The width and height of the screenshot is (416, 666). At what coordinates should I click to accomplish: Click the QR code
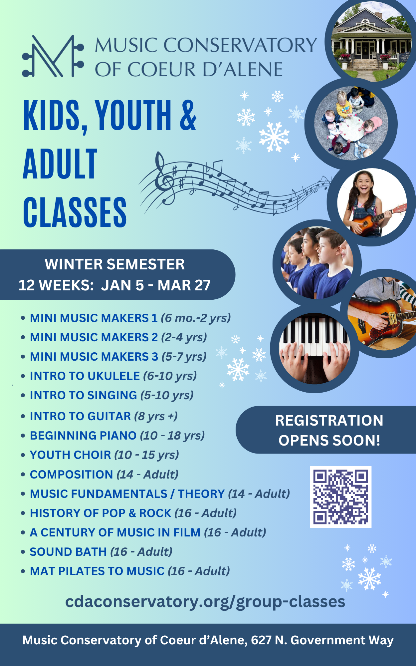pos(340,497)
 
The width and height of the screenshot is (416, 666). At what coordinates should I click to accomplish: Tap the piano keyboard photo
pos(314,349)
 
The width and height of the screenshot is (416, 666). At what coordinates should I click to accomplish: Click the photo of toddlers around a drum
pos(351,124)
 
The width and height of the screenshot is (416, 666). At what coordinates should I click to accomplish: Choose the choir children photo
pos(317,263)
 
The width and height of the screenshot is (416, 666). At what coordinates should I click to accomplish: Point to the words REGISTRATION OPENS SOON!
pos(329,430)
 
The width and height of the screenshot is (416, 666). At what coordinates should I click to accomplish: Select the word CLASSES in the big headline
pos(75,212)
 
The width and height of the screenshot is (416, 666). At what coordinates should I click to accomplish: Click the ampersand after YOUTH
pos(188,115)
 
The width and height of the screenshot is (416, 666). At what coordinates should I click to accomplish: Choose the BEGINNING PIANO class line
pos(117,436)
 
